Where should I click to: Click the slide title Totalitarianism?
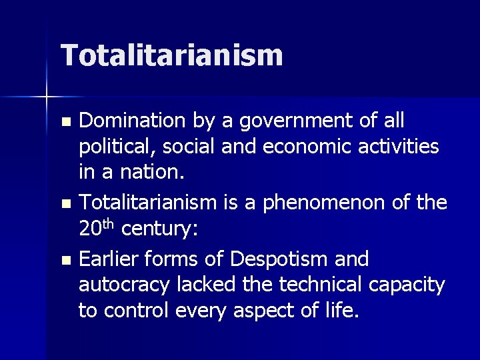(x=172, y=55)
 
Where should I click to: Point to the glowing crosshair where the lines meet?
(x=47, y=97)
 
